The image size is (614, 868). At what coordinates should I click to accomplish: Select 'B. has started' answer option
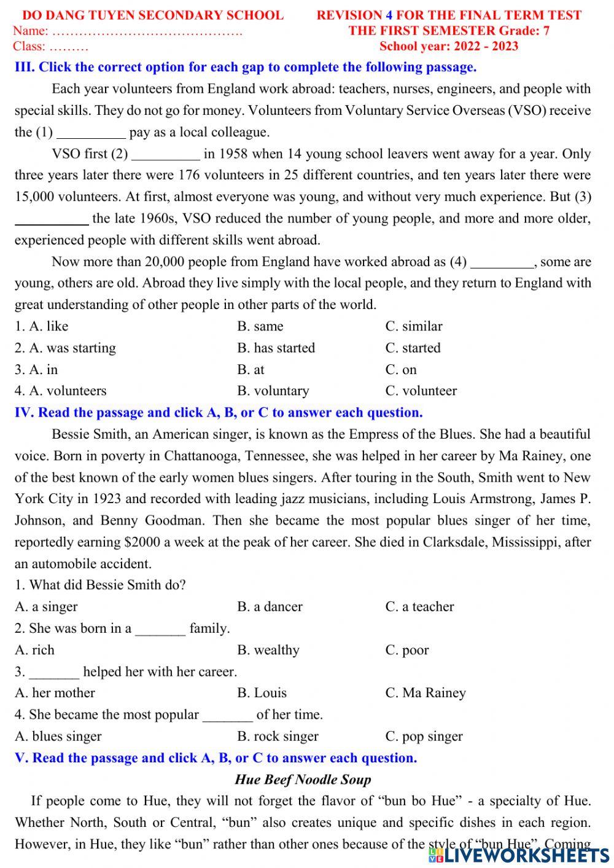point(276,348)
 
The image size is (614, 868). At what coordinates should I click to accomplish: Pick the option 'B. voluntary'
point(273,391)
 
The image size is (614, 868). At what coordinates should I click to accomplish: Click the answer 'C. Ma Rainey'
point(425,693)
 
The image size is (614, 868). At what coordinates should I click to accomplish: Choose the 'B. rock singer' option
point(278,736)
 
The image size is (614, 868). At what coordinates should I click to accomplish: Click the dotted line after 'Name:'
point(147,31)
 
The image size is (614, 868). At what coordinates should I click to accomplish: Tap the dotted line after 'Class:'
point(69,47)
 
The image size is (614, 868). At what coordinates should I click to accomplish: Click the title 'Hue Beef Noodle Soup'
point(303,780)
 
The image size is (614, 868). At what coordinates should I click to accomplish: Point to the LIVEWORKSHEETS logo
point(519,854)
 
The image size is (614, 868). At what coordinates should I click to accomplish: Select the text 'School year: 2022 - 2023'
point(448,47)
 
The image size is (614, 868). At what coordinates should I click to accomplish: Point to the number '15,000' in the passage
point(34,197)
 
